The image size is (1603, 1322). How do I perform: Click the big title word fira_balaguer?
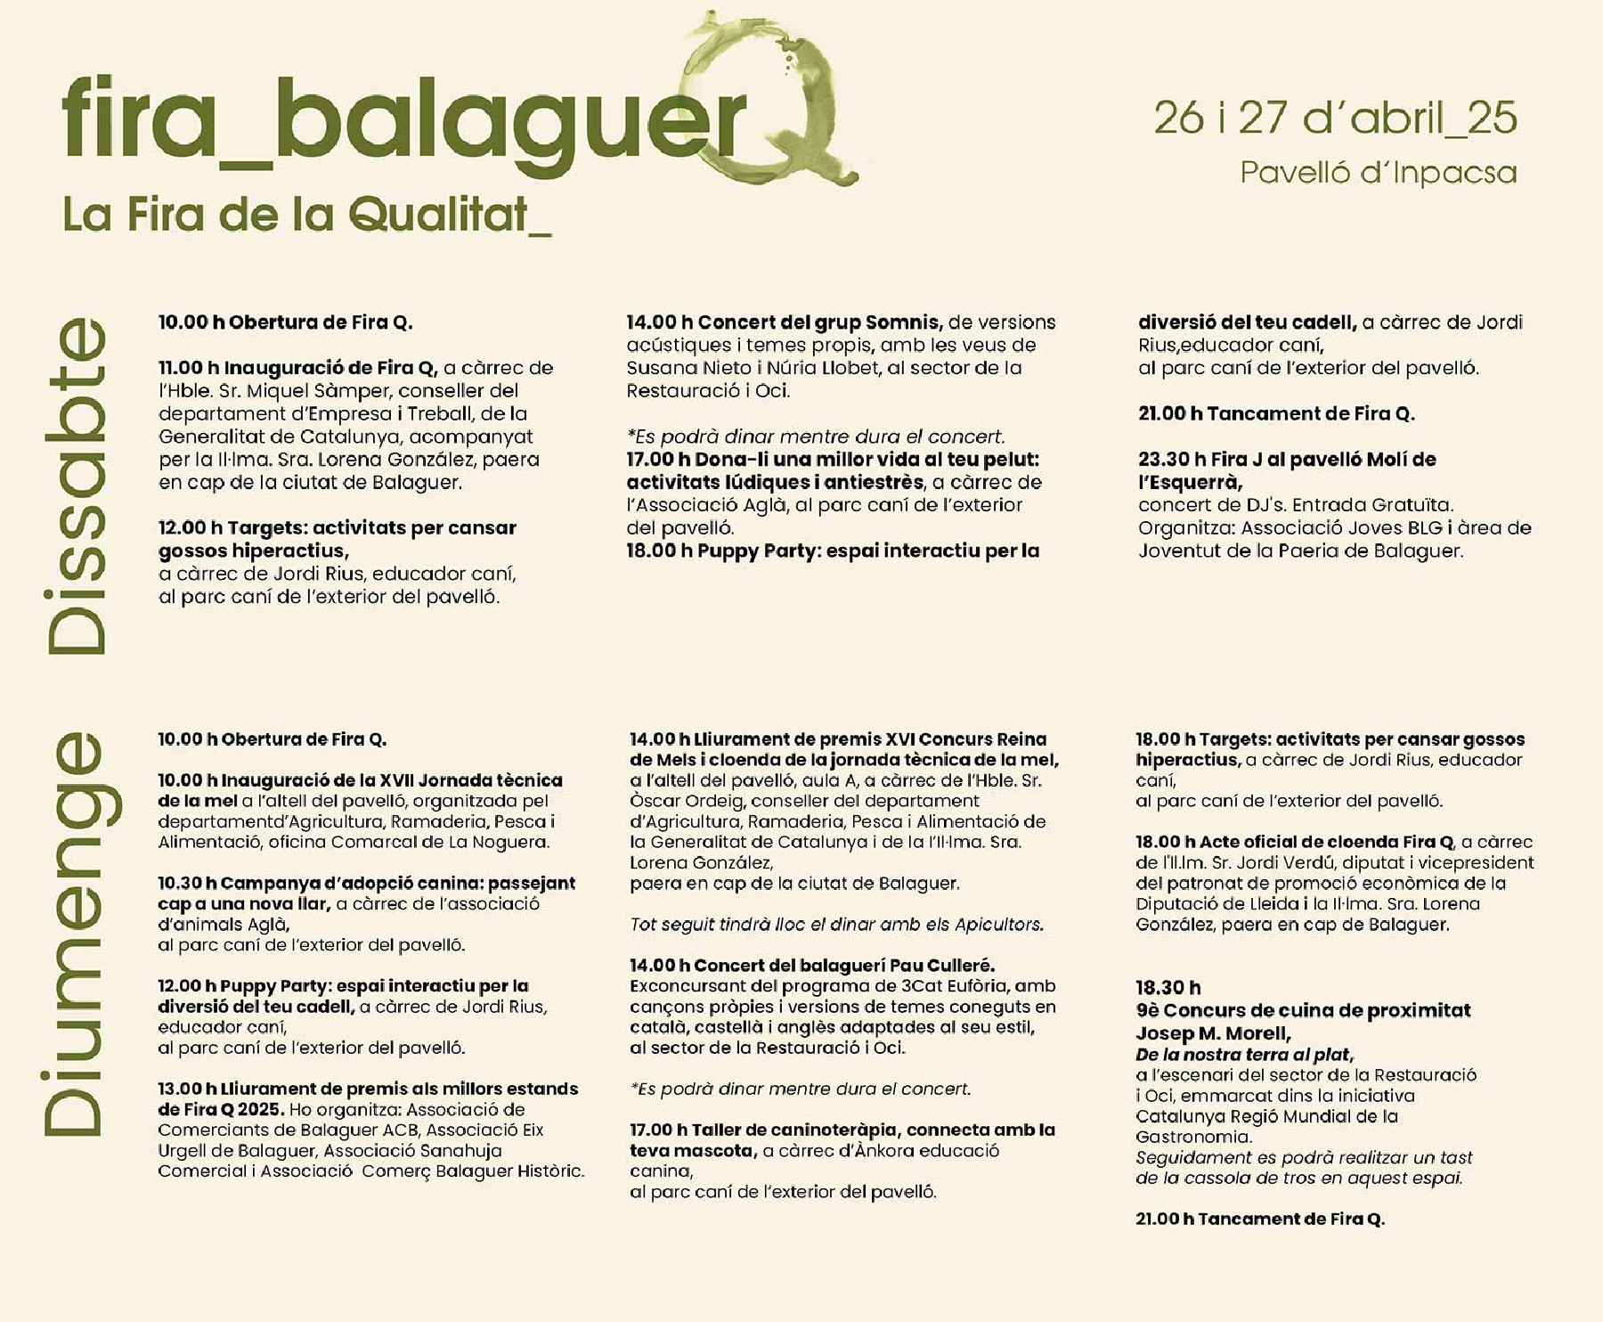pyautogui.click(x=401, y=125)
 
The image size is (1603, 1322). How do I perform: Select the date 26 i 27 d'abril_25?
pyautogui.click(x=1335, y=118)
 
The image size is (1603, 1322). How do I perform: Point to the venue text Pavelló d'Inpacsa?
pyautogui.click(x=1378, y=172)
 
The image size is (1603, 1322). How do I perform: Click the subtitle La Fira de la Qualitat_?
pyautogui.click(x=306, y=215)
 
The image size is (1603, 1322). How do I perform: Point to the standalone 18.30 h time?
pyautogui.click(x=1168, y=987)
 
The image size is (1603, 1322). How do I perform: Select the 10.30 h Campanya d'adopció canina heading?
pyautogui.click(x=366, y=884)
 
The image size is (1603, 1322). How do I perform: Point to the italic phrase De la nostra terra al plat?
pyautogui.click(x=1243, y=1055)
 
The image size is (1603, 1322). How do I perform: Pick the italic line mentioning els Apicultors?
pyautogui.click(x=836, y=925)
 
